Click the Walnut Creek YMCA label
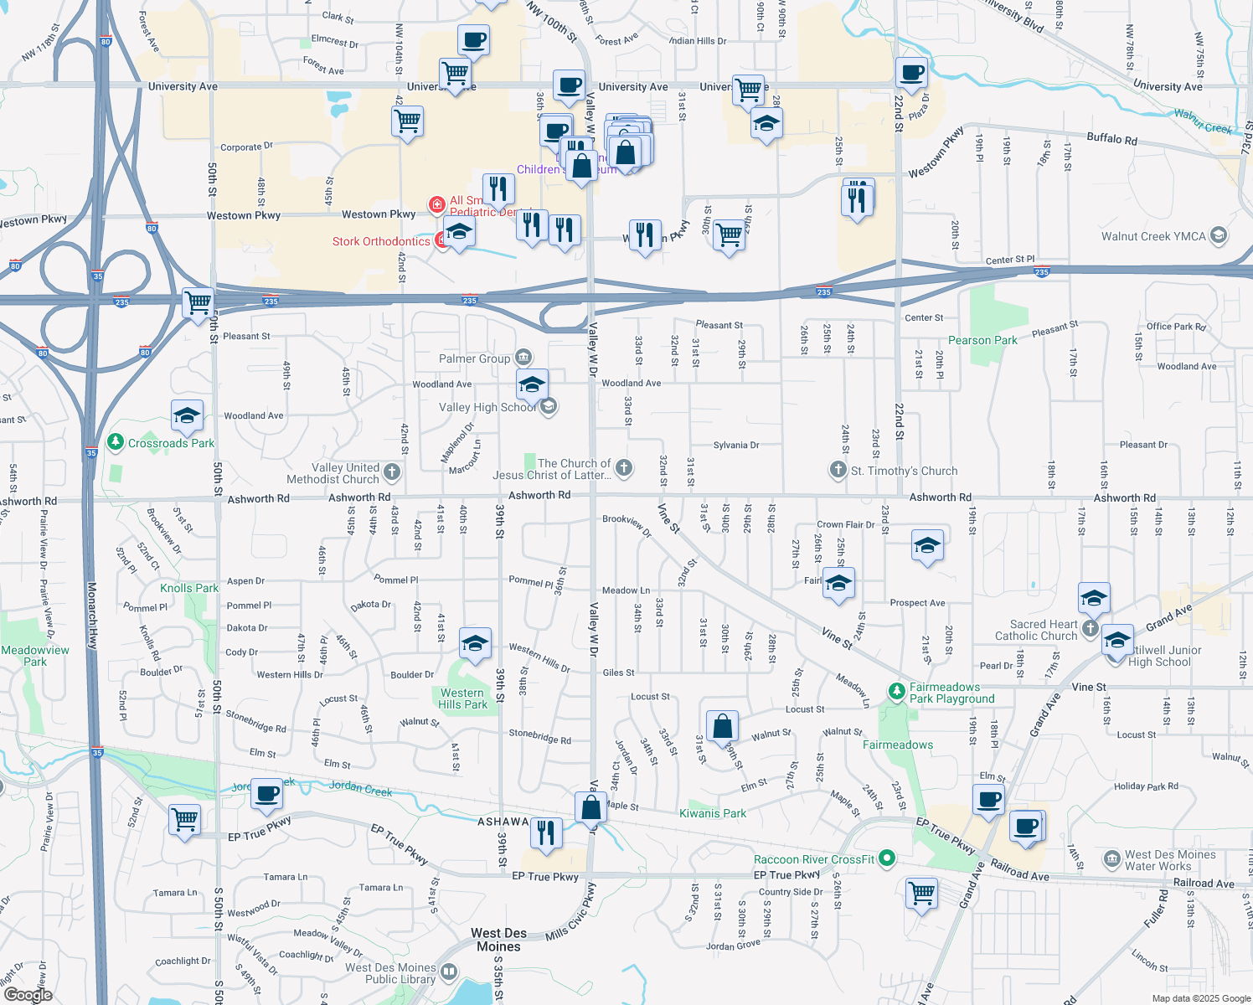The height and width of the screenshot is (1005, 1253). (1153, 236)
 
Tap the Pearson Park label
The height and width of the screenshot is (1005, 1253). (982, 341)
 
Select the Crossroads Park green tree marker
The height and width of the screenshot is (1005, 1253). (116, 442)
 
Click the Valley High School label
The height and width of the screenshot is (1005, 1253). (487, 408)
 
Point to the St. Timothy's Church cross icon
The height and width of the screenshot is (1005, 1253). (838, 470)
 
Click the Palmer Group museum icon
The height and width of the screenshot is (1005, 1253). (523, 358)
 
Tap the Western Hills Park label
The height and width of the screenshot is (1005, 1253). (462, 698)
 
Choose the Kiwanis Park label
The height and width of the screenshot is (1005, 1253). (712, 813)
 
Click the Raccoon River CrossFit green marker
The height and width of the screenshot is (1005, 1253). (887, 858)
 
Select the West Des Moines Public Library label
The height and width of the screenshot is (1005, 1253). (390, 973)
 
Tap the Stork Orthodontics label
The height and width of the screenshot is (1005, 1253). (381, 242)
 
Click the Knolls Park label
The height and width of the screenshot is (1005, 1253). (189, 589)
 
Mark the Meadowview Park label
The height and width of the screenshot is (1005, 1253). (35, 656)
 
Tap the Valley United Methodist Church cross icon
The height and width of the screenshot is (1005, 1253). (391, 472)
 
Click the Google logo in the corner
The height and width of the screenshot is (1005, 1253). (28, 995)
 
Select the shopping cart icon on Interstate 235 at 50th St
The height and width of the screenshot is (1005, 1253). (198, 302)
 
